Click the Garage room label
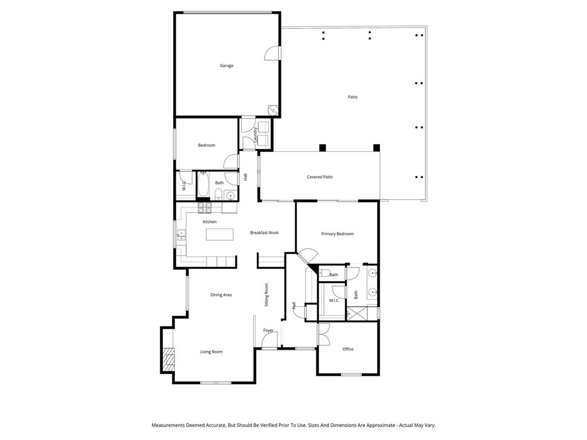226,66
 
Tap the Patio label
353,97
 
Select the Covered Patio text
319,177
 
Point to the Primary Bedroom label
337,234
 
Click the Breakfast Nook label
264,233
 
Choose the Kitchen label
209,222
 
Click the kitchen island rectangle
220,235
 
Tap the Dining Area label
221,295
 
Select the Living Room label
211,352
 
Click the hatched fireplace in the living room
167,360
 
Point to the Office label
348,349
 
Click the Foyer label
268,331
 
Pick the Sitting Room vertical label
267,295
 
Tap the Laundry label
255,135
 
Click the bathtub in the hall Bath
204,184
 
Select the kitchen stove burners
205,206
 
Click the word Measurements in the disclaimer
169,426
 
